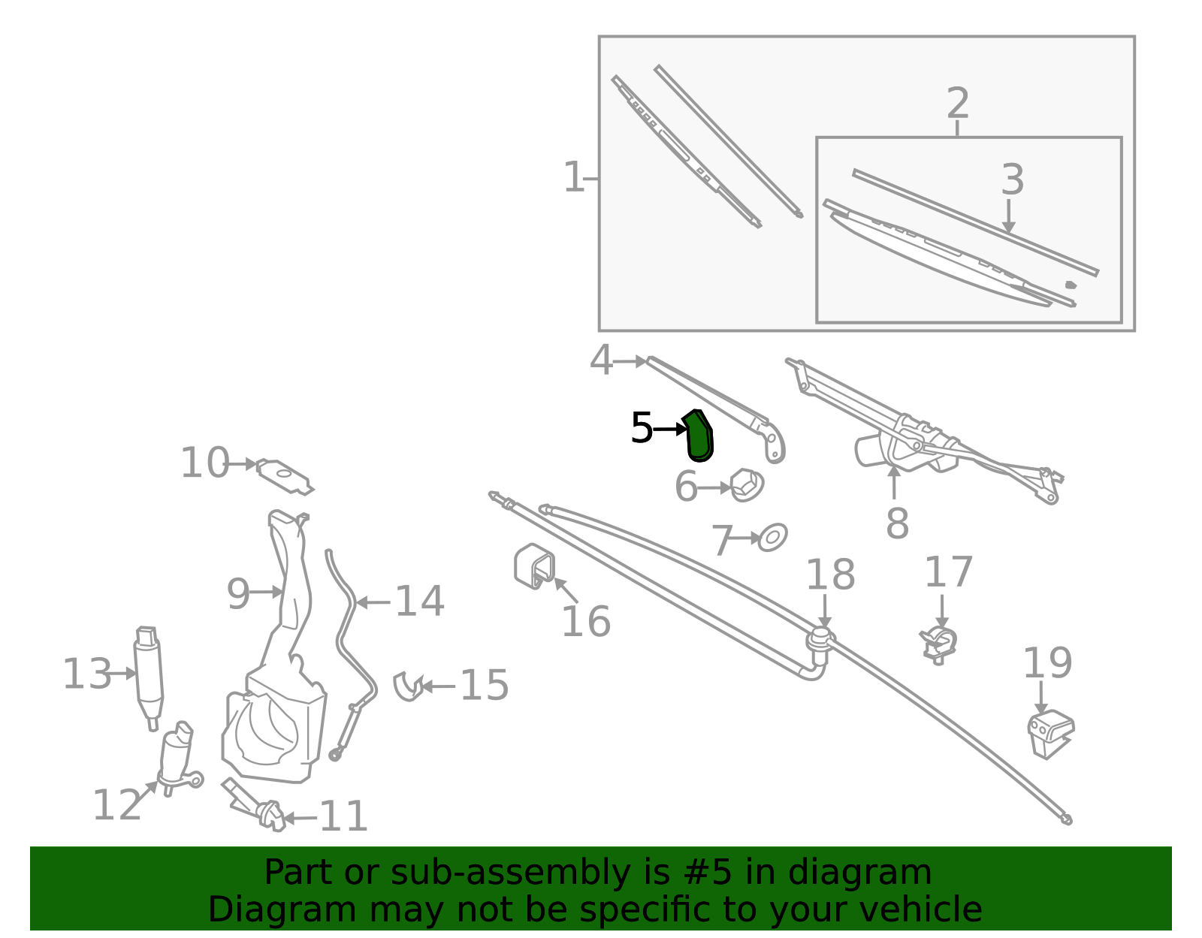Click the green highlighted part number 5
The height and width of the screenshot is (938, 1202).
(x=699, y=436)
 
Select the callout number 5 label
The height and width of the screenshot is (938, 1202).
(x=642, y=428)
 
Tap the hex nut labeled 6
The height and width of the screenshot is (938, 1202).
(x=747, y=485)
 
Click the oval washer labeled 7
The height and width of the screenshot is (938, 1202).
(x=772, y=537)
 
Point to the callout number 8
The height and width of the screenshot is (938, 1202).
(x=897, y=523)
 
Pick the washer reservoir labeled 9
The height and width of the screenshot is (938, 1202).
(x=273, y=663)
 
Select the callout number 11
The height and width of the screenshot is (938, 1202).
(x=343, y=816)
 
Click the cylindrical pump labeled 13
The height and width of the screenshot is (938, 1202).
(x=149, y=677)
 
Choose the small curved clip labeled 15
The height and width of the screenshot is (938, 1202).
(x=408, y=686)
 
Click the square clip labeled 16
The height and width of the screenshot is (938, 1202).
(x=534, y=566)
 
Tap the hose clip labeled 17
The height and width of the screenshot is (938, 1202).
(x=938, y=645)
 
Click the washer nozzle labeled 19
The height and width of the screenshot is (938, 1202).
(x=1050, y=734)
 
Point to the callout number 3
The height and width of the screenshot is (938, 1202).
(x=1012, y=179)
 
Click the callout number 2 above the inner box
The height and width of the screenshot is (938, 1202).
(x=958, y=103)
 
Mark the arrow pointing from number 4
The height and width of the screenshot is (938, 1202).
(x=630, y=361)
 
